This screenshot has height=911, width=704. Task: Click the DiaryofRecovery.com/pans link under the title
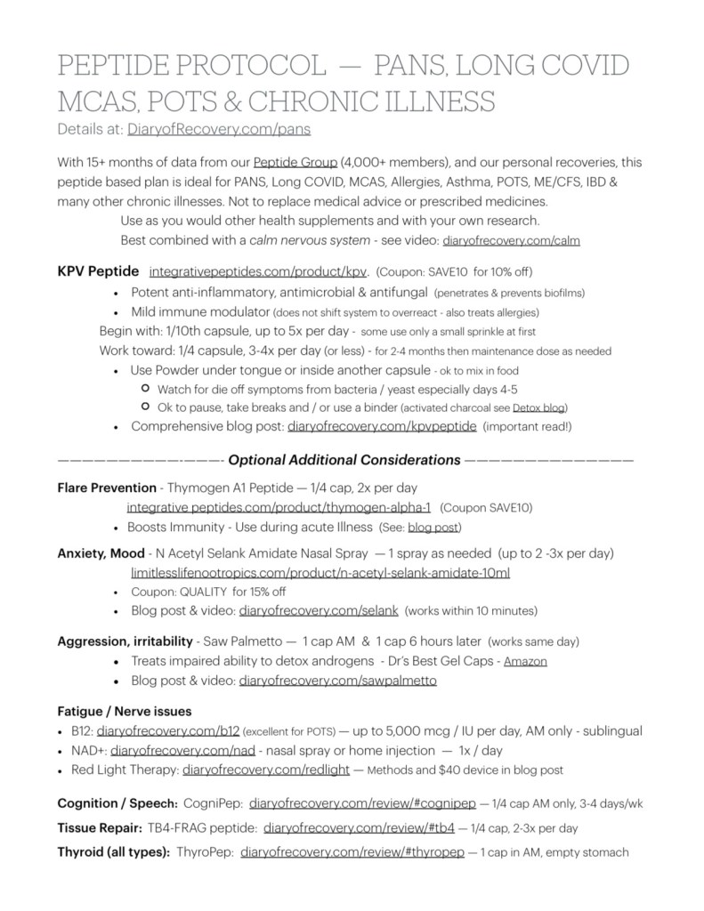[219, 129]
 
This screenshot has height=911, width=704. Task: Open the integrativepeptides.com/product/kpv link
[257, 270]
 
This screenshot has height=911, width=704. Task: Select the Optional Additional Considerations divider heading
[344, 460]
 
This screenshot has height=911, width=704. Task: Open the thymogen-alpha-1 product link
[279, 507]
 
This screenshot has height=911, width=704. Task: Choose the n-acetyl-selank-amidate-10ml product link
[320, 572]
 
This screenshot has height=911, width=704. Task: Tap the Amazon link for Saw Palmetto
[525, 661]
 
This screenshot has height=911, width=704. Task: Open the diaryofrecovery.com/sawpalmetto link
[337, 681]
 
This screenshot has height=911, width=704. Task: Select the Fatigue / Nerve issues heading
[125, 712]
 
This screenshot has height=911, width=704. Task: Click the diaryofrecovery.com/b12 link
[145, 731]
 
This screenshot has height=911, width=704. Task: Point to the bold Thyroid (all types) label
[114, 851]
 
